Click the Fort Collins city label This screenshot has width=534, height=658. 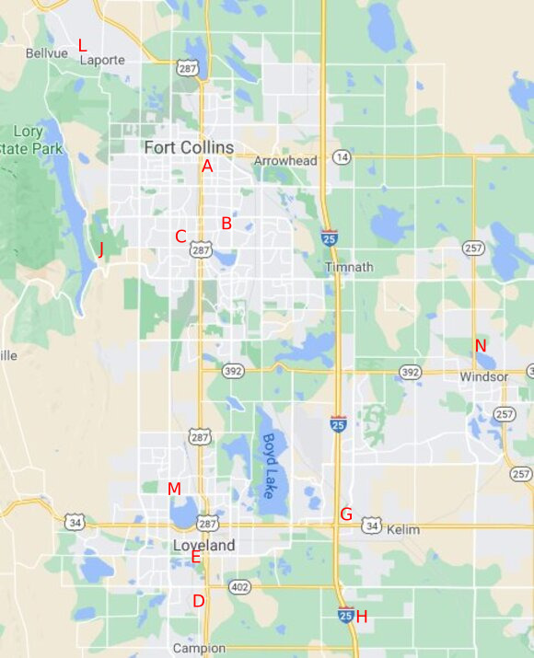pos(189,147)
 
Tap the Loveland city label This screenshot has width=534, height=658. pos(203,545)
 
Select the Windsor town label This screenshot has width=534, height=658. pos(484,377)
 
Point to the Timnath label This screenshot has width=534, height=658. pos(349,267)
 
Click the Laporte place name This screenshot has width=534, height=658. pos(101,60)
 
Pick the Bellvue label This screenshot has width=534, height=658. pos(47,53)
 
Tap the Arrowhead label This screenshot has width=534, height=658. pos(285,161)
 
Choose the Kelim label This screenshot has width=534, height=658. pos(403,530)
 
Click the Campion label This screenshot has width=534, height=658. pos(199,648)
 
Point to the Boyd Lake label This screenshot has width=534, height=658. pos(269,466)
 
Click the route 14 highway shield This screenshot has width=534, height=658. pos(342,157)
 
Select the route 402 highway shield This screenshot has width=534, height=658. pos(239,586)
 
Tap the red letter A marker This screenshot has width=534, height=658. pos(207,167)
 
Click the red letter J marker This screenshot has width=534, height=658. pos(100,248)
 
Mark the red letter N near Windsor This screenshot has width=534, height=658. pos(480,345)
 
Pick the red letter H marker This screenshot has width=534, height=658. pos(361,617)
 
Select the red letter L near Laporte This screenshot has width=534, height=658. pos(82,45)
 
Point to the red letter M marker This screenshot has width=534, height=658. pos(174,489)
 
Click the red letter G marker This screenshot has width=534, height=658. pos(346,514)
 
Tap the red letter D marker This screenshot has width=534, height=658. pos(198,601)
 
